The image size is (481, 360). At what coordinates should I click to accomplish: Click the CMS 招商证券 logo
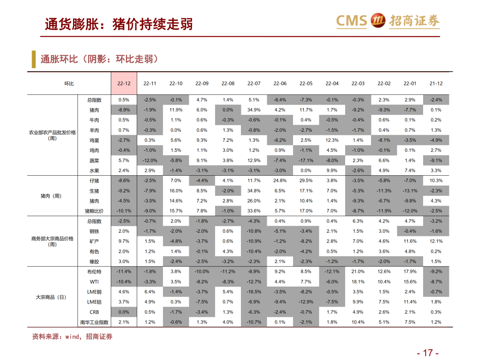(x=387, y=21)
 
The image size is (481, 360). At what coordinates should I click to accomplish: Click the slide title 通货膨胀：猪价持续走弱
(x=118, y=24)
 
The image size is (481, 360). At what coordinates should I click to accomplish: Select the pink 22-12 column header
(x=124, y=84)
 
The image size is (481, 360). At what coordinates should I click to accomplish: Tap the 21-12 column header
(x=436, y=84)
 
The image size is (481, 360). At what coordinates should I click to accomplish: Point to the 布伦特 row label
(x=94, y=271)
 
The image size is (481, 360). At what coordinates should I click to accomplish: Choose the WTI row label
(x=94, y=282)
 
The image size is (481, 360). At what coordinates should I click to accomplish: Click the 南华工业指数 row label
(x=94, y=322)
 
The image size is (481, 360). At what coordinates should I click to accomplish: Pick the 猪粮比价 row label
(x=94, y=211)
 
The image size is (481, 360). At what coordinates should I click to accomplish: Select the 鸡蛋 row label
(x=94, y=140)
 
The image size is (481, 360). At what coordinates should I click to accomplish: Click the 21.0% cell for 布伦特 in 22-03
(x=358, y=271)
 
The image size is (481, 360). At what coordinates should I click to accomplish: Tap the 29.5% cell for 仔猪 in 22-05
(x=306, y=181)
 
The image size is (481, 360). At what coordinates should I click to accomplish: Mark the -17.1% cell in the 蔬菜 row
(x=306, y=161)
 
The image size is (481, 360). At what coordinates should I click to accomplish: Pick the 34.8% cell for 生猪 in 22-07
(x=254, y=191)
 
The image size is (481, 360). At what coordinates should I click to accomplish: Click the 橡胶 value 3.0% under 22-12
(x=124, y=262)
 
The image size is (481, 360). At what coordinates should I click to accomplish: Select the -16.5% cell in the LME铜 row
(x=254, y=292)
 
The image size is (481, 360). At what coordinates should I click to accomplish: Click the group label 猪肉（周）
(x=52, y=196)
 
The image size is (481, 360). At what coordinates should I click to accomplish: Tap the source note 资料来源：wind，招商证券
(x=72, y=337)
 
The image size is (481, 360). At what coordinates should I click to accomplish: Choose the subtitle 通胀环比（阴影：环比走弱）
(x=99, y=59)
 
